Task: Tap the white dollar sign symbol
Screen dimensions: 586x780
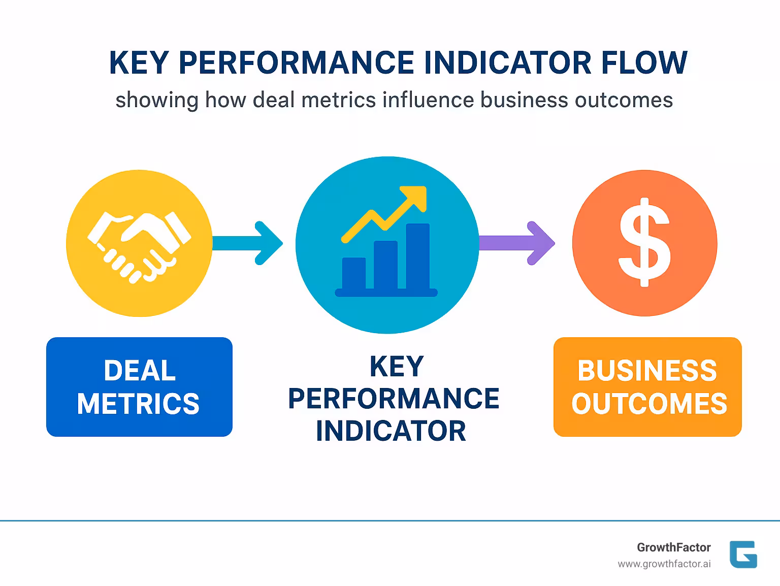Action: [x=644, y=242]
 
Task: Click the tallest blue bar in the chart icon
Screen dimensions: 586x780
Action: [x=417, y=256]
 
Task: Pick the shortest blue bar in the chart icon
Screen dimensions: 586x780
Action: [x=354, y=273]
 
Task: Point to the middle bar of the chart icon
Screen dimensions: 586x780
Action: [x=385, y=265]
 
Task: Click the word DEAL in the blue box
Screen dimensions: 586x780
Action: [x=140, y=371]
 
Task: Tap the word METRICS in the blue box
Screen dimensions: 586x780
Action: [x=139, y=404]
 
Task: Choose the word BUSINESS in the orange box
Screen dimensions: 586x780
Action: [x=647, y=371]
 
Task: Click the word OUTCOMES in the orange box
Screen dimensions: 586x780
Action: [x=649, y=404]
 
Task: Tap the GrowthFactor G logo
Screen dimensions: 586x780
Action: [x=743, y=554]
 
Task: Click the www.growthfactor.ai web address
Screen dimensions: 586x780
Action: [x=664, y=564]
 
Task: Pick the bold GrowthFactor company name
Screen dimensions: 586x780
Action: [x=674, y=547]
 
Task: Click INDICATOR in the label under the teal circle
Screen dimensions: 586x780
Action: [x=391, y=431]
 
